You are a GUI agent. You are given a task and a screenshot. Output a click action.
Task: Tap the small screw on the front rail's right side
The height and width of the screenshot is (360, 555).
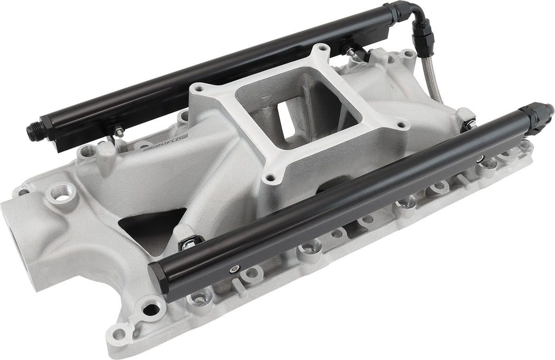481,159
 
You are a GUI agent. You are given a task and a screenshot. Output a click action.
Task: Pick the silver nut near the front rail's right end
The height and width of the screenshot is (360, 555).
470,124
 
